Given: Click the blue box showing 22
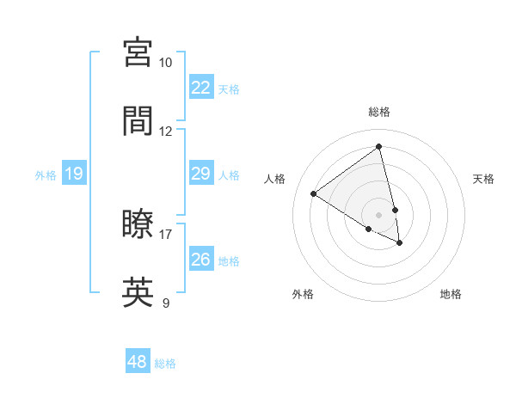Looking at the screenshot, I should click(x=200, y=88).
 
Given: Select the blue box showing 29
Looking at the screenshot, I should click(x=200, y=174).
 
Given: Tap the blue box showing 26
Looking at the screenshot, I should click(x=200, y=260).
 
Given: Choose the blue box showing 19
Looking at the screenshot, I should click(x=74, y=174).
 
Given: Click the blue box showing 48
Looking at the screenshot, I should click(x=138, y=362).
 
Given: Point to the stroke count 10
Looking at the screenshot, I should click(x=166, y=63).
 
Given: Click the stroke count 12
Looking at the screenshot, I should click(x=166, y=132).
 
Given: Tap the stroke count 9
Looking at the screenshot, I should click(x=166, y=303).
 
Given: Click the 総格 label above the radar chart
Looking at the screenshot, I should click(x=379, y=112).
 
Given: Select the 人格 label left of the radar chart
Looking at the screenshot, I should click(x=275, y=179).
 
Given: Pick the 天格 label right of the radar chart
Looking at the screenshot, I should click(x=483, y=179).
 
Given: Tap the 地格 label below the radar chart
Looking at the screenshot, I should click(x=451, y=294).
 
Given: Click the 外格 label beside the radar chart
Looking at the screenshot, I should click(x=303, y=294).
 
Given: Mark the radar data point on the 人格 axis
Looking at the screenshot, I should click(x=314, y=193).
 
